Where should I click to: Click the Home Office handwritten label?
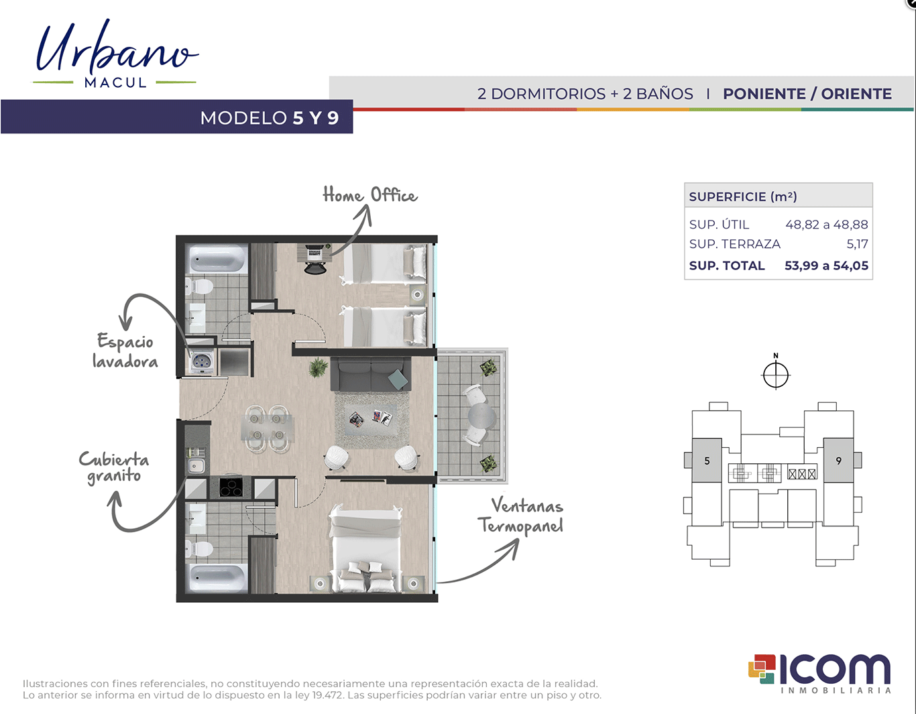coord(370,195)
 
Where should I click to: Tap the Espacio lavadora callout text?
coord(125,351)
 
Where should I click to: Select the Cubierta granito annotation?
coord(114,467)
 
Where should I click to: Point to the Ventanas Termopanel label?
coord(520,516)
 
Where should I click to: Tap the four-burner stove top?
coord(231,487)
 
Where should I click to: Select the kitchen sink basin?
coord(196,466)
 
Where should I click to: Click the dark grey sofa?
coord(371,374)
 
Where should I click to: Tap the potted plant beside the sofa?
coord(318,367)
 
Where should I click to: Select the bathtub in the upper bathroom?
coord(217,259)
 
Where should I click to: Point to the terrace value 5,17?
coord(858,244)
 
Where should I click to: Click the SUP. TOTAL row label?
coord(727,265)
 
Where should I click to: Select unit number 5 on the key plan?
coord(707,461)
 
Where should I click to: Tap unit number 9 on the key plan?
coord(838,461)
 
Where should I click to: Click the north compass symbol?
coord(776,372)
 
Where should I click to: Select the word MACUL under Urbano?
coord(115,82)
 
